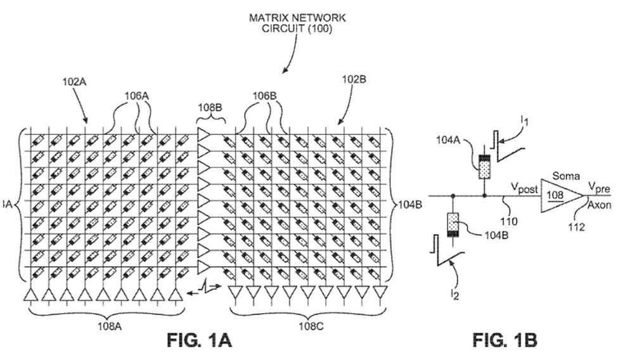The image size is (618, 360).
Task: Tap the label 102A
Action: [74, 83]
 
